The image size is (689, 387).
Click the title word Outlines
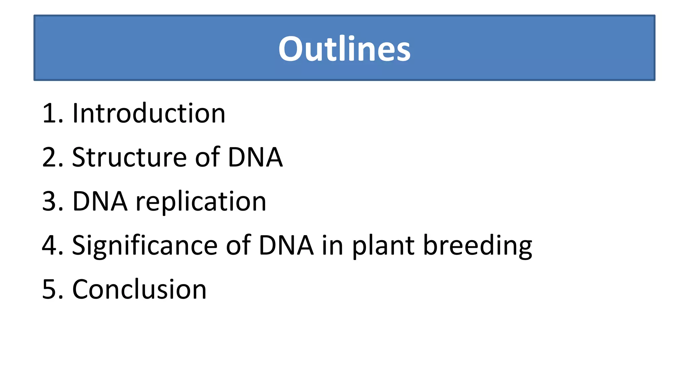pos(344,49)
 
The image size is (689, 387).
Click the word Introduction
pos(149,113)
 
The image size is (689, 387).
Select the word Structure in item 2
pos(129,157)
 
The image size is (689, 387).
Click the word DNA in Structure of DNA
pos(255,157)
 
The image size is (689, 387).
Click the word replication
pos(201,202)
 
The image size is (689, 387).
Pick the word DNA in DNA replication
pos(100,202)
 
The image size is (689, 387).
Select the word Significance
pos(145,246)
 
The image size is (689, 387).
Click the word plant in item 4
pos(383,246)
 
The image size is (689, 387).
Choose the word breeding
pos(477,246)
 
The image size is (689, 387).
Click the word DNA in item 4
pos(286,246)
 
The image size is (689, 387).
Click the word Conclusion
pos(139,290)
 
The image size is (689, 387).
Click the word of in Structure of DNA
pos(208,157)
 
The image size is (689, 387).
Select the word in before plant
pos(332,246)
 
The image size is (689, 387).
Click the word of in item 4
pos(238,246)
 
